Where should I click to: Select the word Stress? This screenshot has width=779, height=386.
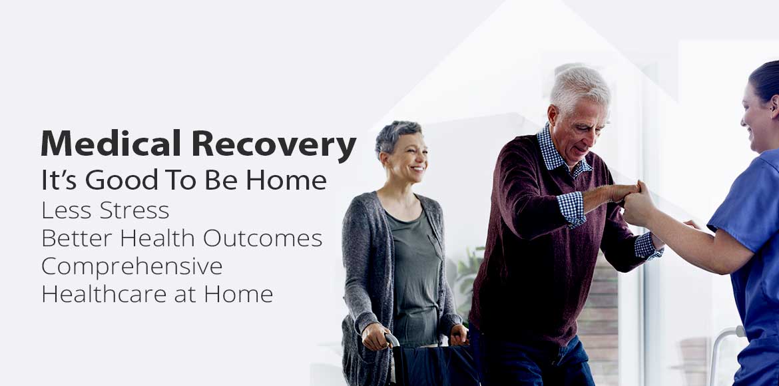(132, 210)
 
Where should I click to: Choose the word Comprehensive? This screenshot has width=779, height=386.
(132, 266)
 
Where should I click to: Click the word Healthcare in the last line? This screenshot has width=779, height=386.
(100, 293)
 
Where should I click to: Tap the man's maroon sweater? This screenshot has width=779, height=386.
(526, 253)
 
